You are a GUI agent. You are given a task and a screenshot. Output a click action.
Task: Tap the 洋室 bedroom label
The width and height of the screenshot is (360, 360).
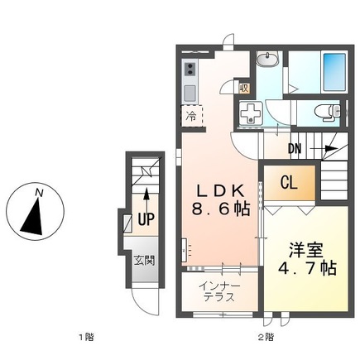pos(305,250)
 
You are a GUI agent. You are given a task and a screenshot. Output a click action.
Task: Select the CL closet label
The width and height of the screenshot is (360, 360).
pos(289,182)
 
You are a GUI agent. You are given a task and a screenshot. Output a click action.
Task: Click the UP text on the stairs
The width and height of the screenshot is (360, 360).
pos(146,219)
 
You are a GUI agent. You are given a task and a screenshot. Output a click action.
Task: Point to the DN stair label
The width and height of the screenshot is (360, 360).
pos(295,149)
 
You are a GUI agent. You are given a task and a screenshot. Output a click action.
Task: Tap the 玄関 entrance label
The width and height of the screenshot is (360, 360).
pos(144,261)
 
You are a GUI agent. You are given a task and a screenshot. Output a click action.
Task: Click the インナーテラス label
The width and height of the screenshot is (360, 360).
pos(219,292)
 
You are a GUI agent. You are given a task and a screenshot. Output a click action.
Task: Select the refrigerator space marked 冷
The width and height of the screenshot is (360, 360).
pos(192,116)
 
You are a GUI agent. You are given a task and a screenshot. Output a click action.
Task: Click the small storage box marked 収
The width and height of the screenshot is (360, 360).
pos(244,89)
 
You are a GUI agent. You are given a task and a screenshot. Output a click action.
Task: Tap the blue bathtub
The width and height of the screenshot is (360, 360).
pos(334,73)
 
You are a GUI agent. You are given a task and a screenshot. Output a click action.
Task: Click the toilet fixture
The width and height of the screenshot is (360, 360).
pos(328,113)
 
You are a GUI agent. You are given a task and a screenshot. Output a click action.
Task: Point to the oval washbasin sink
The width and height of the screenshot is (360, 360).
pos(267,60)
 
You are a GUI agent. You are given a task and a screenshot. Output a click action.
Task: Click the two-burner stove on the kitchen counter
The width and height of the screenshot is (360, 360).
pos(190,69)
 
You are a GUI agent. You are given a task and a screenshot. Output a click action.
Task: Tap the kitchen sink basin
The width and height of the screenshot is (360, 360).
pos(190,93)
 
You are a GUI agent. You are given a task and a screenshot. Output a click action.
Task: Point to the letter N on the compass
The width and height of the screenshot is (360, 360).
pos(40,193)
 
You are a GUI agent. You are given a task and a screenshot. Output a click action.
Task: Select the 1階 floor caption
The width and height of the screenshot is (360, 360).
pos(86,337)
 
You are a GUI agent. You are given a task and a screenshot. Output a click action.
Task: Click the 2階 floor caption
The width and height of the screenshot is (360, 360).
pos(266,337)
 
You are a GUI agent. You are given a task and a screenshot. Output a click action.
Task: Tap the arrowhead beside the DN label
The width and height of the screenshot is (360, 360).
pos(331,149)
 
